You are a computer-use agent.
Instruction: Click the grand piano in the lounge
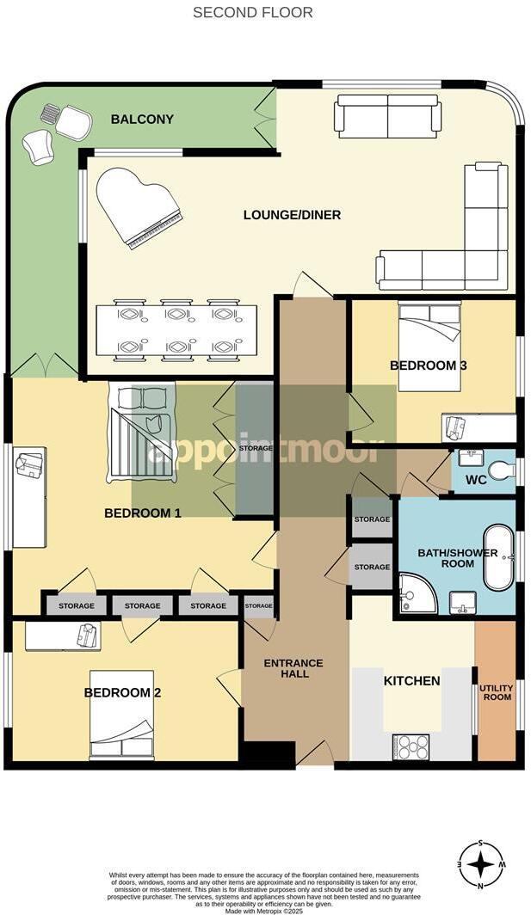click(x=138, y=206)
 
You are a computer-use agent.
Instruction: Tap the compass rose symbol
click(x=482, y=863)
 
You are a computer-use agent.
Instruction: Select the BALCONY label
click(x=142, y=120)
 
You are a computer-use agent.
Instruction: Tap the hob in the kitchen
click(x=411, y=745)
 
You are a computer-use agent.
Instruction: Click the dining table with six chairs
click(x=176, y=330)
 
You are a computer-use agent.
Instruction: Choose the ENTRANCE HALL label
click(x=293, y=668)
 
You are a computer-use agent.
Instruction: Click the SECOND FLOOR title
click(x=252, y=12)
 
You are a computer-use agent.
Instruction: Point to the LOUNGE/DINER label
click(x=292, y=214)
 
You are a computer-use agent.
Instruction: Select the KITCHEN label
click(x=411, y=681)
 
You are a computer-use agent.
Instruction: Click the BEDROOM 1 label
click(x=143, y=513)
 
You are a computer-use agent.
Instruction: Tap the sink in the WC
click(x=471, y=457)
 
